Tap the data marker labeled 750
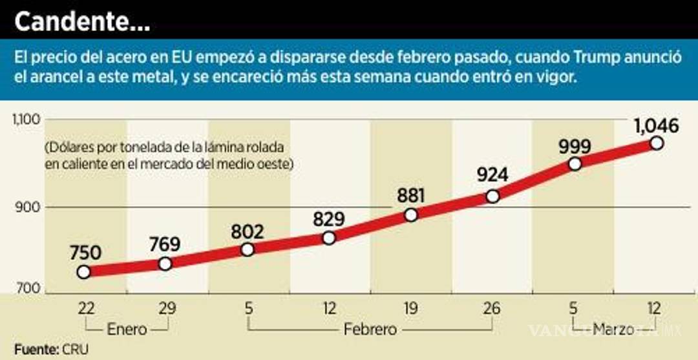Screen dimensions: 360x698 [x=83, y=272]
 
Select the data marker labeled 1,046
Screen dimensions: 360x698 [x=657, y=143]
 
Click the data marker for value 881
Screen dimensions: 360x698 [x=411, y=215]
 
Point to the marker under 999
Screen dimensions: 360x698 [x=575, y=164]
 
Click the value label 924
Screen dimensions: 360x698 [x=492, y=175]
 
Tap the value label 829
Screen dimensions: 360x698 [x=329, y=218]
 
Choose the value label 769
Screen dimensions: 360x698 [x=165, y=244]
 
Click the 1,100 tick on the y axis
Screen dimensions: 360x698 [x=26, y=119]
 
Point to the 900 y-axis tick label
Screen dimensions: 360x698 [x=28, y=207]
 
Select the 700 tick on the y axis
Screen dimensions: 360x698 [x=28, y=292]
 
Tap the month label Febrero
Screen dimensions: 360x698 [x=370, y=330]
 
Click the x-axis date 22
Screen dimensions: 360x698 [x=83, y=309]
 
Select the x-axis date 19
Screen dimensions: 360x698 [x=411, y=309]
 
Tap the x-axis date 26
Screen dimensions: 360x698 [x=492, y=309]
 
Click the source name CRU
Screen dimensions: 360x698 [x=75, y=349]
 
